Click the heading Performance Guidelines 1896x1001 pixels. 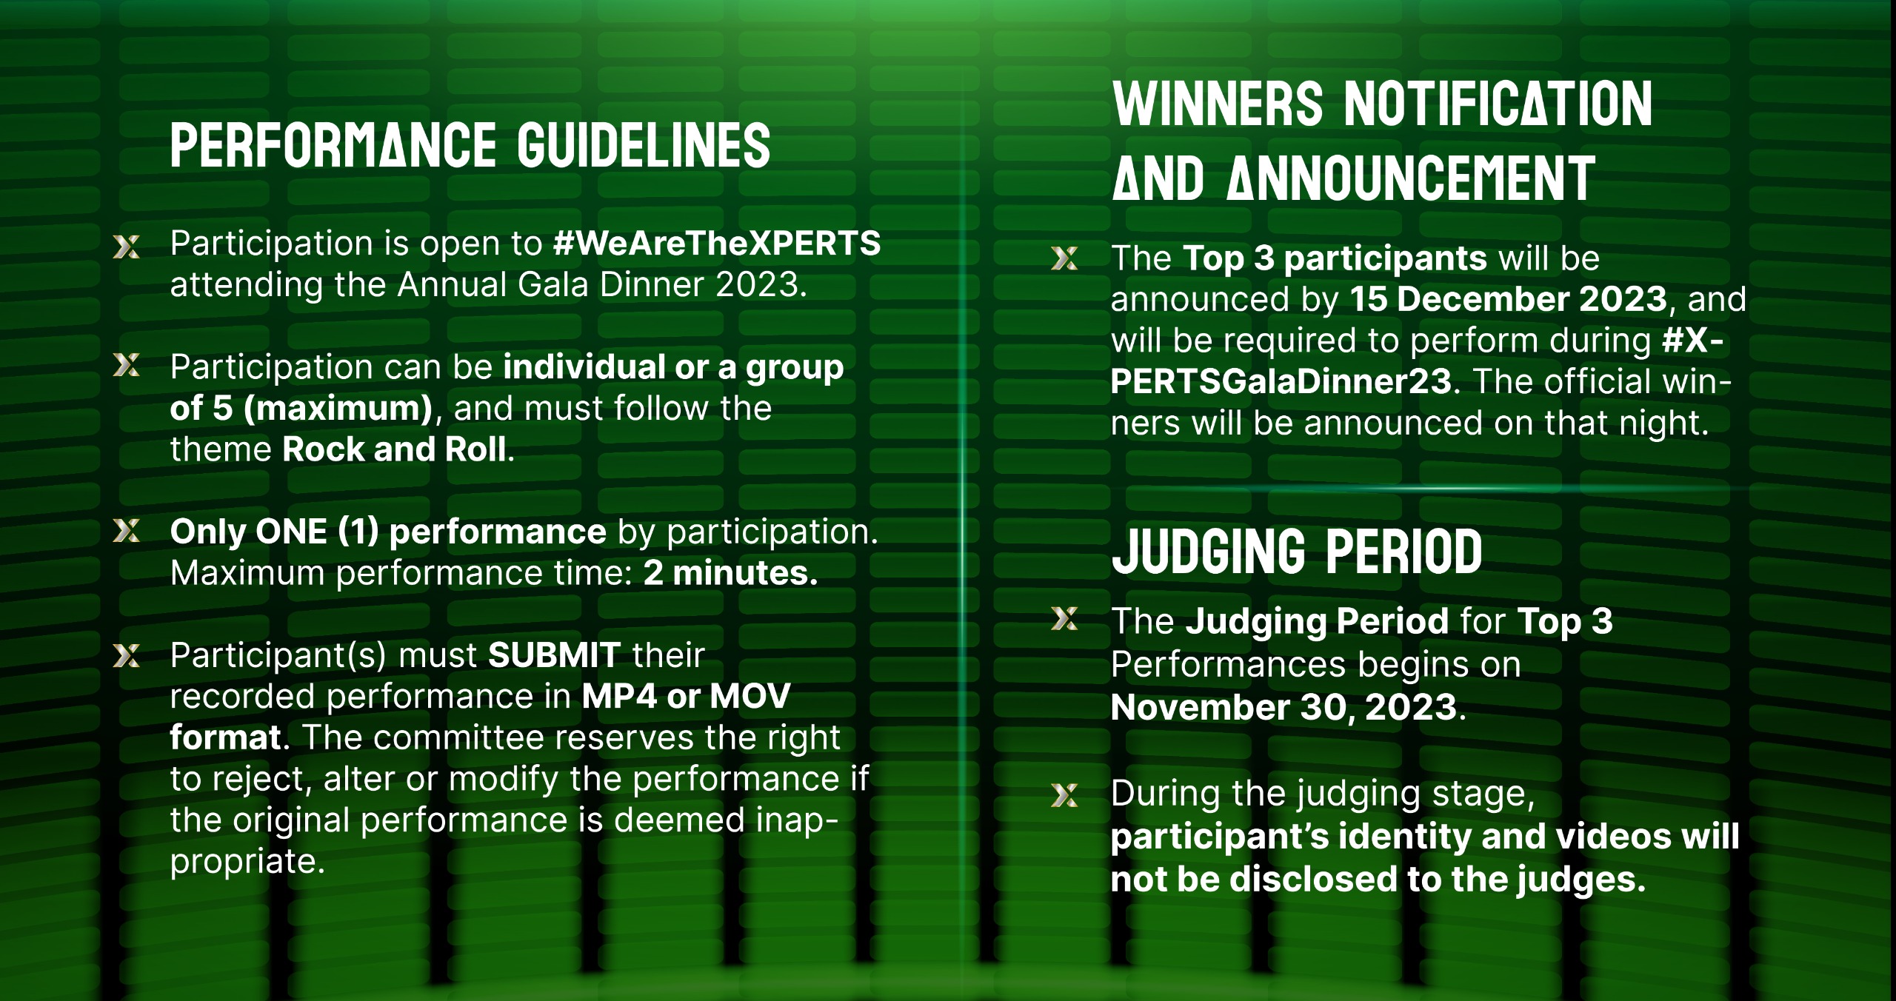470,145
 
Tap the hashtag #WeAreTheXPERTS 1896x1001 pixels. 717,244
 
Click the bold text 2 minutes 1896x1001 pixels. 730,573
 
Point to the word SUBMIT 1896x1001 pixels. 554,654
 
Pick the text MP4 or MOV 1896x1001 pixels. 686,696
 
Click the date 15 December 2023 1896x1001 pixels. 1508,299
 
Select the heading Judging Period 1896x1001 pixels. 1297,552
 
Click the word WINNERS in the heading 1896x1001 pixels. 1218,104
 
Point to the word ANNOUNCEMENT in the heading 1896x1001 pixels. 1410,178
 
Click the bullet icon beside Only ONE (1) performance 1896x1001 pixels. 127,530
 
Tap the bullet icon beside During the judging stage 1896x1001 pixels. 1065,795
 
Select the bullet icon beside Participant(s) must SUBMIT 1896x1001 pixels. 127,655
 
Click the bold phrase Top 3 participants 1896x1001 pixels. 1335,258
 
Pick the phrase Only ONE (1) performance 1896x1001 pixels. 388,532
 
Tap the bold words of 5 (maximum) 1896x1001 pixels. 301,409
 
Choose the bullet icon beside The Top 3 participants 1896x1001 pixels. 1065,258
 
